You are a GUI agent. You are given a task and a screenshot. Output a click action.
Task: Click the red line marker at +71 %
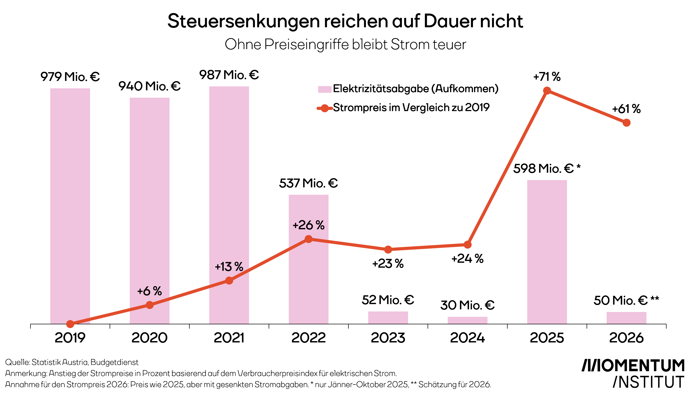pyautogui.click(x=547, y=91)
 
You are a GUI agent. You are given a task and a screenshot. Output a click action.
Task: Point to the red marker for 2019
pyautogui.click(x=70, y=324)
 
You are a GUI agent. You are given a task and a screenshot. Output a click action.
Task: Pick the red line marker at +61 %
pyautogui.click(x=626, y=123)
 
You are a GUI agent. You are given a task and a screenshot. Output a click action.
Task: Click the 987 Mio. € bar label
pyautogui.click(x=229, y=75)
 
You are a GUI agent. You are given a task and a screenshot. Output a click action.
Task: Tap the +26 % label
pyautogui.click(x=309, y=225)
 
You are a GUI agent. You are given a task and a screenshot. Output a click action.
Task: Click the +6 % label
pyautogui.click(x=149, y=291)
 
